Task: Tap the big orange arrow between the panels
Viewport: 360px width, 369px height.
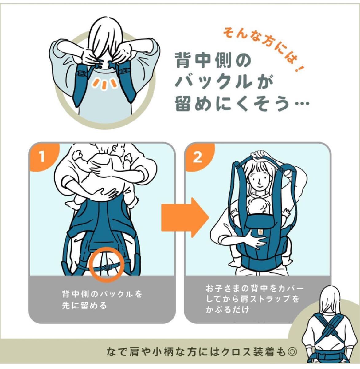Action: pos(185,217)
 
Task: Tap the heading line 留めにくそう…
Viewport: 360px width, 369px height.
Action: pos(242,104)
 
